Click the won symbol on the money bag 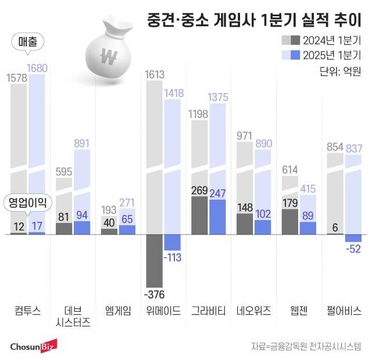(109, 57)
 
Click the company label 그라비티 (208, 310)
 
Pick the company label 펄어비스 (345, 310)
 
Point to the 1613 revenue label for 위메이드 (154, 74)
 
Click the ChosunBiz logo (33, 346)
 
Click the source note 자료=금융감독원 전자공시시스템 (306, 347)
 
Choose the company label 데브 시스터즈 (74, 316)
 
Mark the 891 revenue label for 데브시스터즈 (81, 143)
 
